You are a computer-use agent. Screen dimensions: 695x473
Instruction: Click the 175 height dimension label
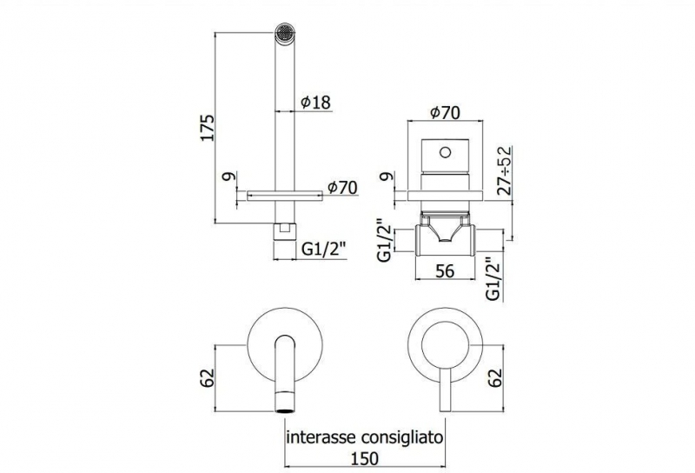coord(207,128)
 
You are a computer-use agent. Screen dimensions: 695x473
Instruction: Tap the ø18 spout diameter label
coord(315,102)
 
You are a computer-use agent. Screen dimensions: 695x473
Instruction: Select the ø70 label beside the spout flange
coord(342,188)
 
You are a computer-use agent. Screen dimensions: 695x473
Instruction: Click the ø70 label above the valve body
coord(445,112)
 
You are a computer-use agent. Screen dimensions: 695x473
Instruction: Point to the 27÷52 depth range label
coord(504,170)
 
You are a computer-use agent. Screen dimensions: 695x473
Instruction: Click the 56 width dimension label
coord(445,270)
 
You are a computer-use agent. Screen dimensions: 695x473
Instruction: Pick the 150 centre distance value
coord(364,458)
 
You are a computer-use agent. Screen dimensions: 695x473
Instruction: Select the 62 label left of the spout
coord(207,377)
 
